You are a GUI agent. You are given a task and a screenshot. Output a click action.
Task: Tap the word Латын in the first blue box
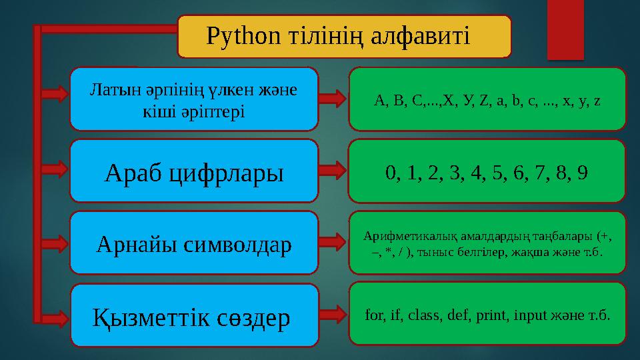click(109, 89)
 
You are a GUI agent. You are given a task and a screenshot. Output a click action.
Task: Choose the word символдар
click(237, 245)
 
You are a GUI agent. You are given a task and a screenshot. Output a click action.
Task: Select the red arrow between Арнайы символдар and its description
click(333, 243)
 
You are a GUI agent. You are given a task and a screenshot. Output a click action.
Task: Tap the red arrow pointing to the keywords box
click(333, 314)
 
